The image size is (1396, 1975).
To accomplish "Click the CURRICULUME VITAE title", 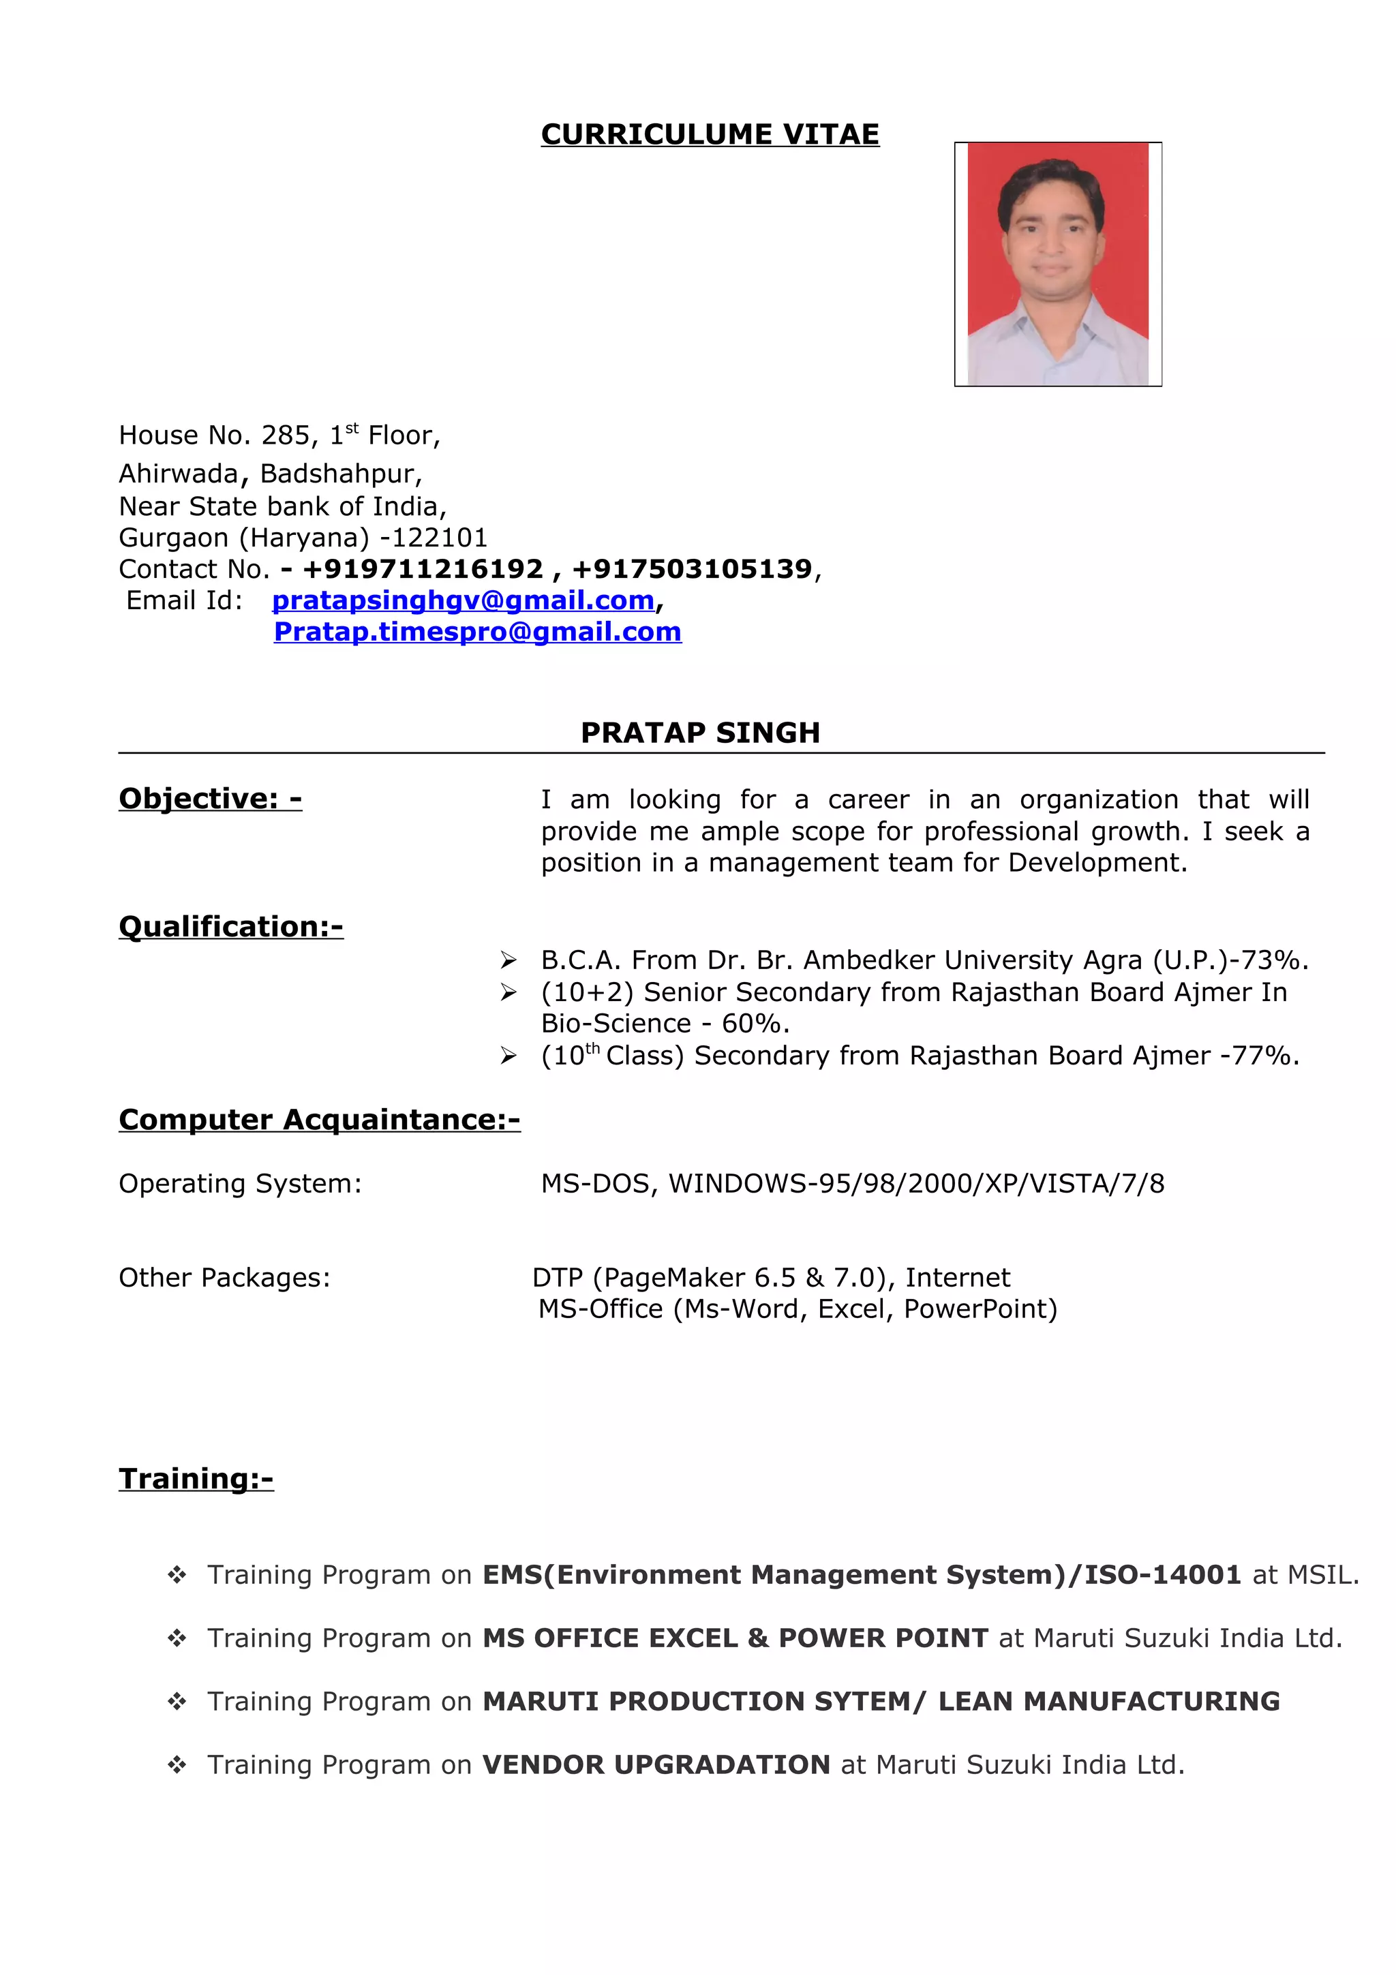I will pyautogui.click(x=710, y=134).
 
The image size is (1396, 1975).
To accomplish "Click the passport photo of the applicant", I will pyautogui.click(x=1057, y=263).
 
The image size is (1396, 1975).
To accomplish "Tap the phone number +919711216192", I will pyautogui.click(x=423, y=568).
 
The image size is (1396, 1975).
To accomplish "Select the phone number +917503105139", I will pyautogui.click(x=692, y=568).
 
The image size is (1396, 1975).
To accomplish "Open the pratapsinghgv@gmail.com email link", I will pyautogui.click(x=463, y=600).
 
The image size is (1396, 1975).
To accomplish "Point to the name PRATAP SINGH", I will pyautogui.click(x=700, y=732).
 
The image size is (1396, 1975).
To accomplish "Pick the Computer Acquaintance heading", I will pyautogui.click(x=319, y=1119).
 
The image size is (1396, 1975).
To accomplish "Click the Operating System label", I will pyautogui.click(x=240, y=1184).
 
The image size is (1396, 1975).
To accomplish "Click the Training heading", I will pyautogui.click(x=196, y=1479).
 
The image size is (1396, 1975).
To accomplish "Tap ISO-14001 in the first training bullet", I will pyautogui.click(x=1162, y=1574).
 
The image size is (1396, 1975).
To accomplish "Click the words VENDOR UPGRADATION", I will pyautogui.click(x=656, y=1764).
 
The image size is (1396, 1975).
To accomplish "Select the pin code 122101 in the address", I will pyautogui.click(x=440, y=538).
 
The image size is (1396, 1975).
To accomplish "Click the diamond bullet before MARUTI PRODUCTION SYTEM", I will pyautogui.click(x=177, y=1702).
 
